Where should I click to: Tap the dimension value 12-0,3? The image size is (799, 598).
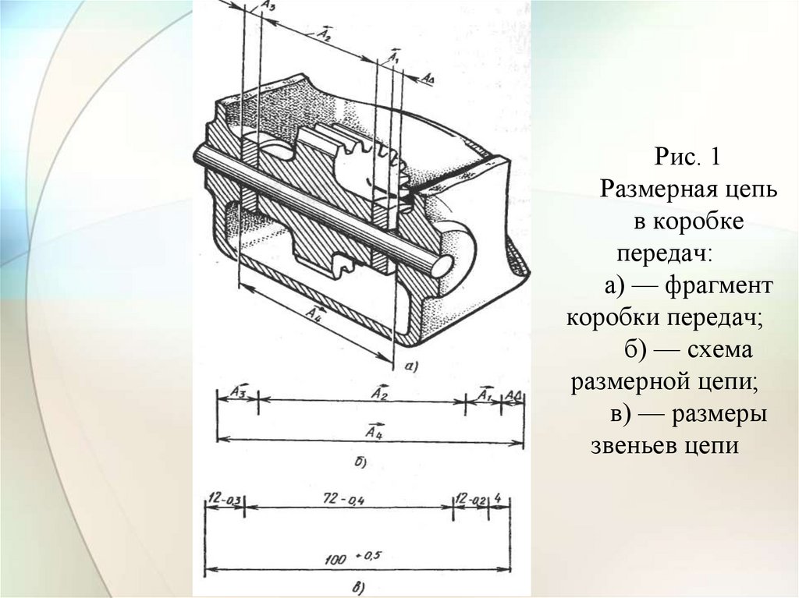tap(223, 498)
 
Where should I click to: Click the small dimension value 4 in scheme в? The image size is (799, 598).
tap(498, 497)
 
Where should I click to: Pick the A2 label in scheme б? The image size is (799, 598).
tap(380, 393)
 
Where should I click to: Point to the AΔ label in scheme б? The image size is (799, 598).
tap(513, 395)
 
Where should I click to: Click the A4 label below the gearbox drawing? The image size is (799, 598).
tap(314, 312)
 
